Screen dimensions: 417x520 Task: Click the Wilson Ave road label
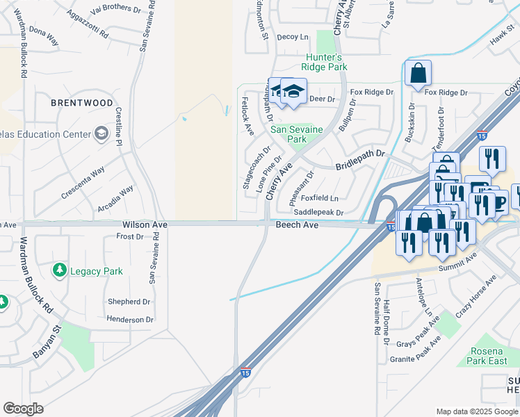(x=145, y=225)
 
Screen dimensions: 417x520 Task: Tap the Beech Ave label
(x=297, y=225)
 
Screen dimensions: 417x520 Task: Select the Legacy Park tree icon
(x=60, y=270)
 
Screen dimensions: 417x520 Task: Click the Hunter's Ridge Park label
(x=323, y=63)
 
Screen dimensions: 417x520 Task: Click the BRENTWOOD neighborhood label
(x=82, y=103)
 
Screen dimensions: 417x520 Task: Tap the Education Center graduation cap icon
(x=101, y=133)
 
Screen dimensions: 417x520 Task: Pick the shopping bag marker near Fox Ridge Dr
(x=418, y=73)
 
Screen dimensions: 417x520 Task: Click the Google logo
(x=23, y=409)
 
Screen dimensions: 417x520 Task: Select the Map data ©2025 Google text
(x=476, y=411)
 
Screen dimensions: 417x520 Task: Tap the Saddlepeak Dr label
(x=319, y=212)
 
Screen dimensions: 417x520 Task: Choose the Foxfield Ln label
(x=320, y=198)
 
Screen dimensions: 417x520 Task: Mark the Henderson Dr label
(x=130, y=320)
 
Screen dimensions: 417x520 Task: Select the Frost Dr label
(x=130, y=237)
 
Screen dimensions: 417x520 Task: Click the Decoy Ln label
(x=293, y=37)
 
